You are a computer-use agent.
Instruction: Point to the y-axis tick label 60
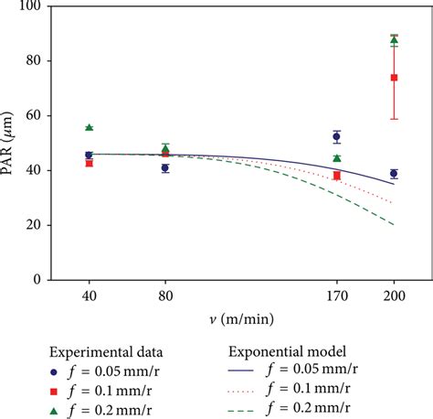[36, 115]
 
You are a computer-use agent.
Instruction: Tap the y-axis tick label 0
[39, 280]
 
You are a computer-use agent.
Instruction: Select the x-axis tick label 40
[89, 297]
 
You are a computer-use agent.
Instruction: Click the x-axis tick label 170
[337, 297]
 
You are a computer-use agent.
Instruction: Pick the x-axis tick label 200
[394, 297]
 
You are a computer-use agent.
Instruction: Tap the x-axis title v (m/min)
[232, 319]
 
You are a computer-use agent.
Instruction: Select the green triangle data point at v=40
[89, 127]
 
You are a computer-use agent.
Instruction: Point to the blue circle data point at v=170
[337, 136]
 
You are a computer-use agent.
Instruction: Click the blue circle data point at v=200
[394, 174]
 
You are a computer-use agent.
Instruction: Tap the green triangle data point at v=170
[337, 158]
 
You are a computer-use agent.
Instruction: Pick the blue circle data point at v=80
[165, 168]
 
